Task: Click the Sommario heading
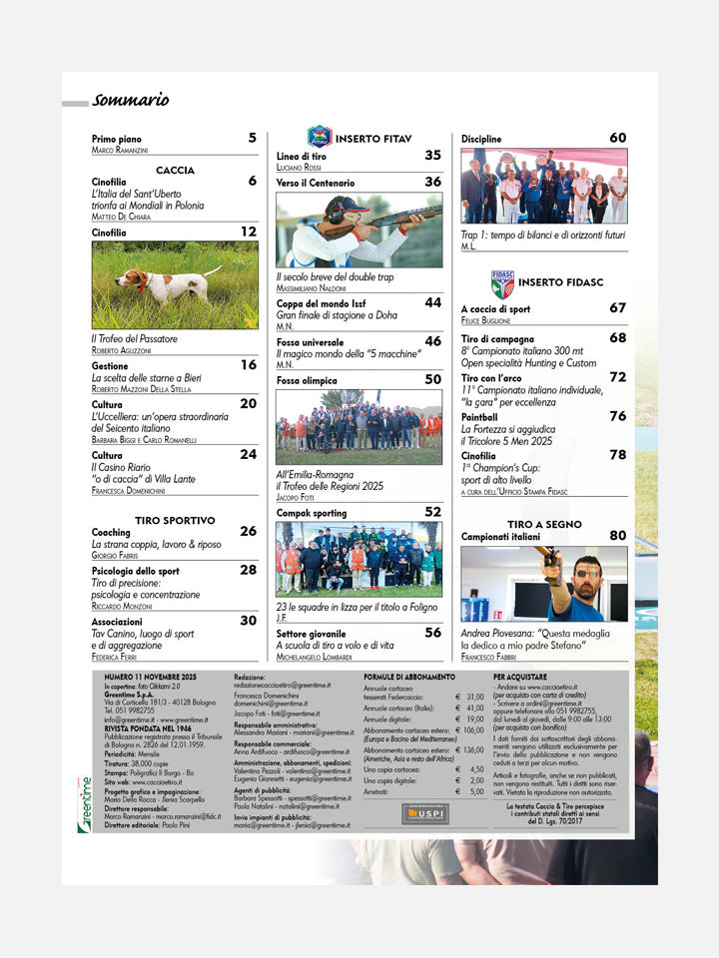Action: pyautogui.click(x=130, y=100)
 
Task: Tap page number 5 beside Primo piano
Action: pyautogui.click(x=252, y=138)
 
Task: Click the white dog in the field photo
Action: pyautogui.click(x=160, y=285)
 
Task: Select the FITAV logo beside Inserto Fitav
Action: pyautogui.click(x=319, y=137)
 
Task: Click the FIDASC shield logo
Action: pyautogui.click(x=502, y=283)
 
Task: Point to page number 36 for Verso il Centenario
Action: pyautogui.click(x=432, y=182)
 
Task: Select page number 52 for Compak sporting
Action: pyautogui.click(x=432, y=511)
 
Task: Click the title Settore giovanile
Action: pyautogui.click(x=311, y=633)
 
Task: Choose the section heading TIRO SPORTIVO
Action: pyautogui.click(x=175, y=520)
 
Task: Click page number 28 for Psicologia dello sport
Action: pyautogui.click(x=248, y=570)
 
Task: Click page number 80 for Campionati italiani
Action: pyautogui.click(x=618, y=535)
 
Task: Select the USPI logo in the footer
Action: pyautogui.click(x=424, y=813)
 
